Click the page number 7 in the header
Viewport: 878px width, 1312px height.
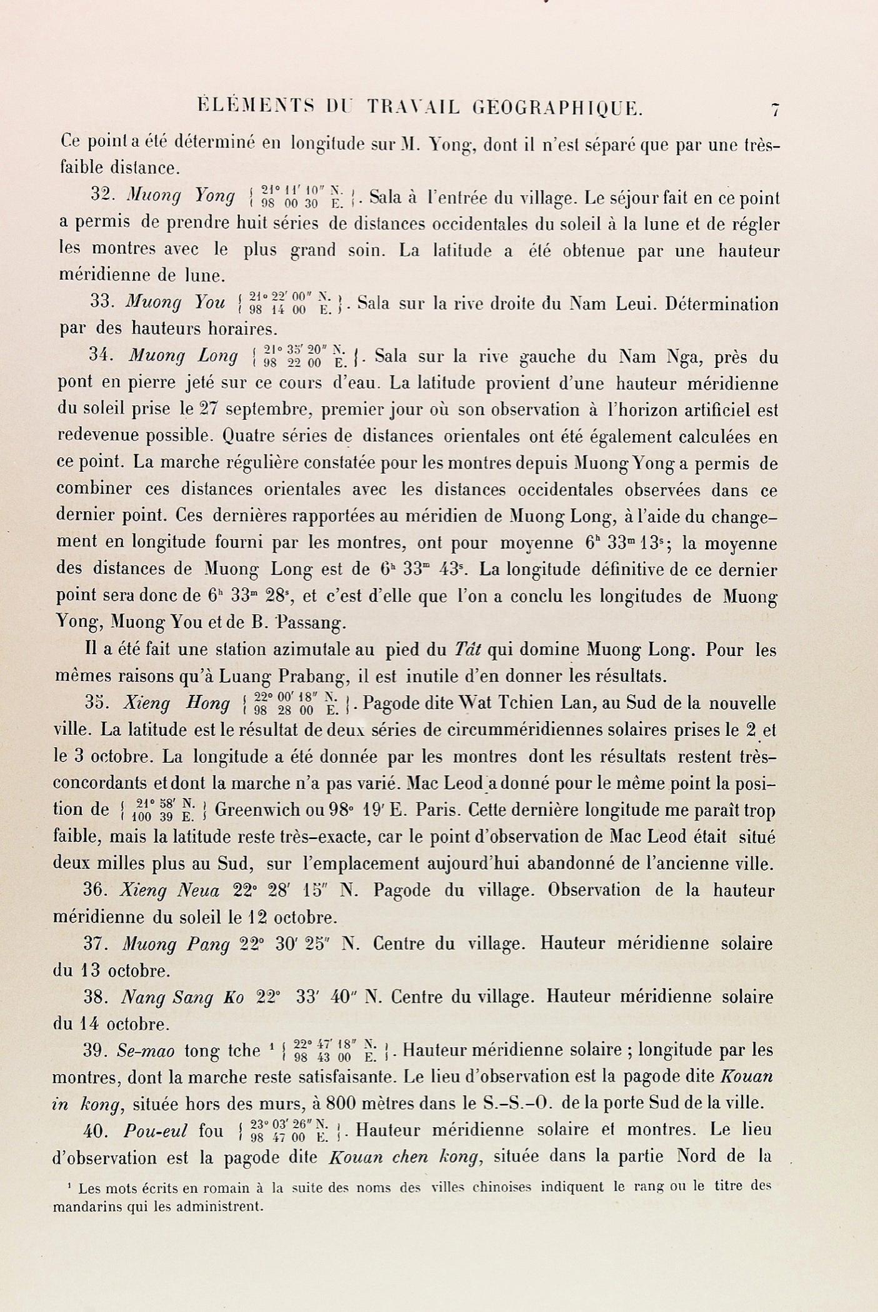pos(775,111)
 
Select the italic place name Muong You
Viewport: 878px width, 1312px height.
pos(175,302)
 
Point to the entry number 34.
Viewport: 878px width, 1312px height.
pos(101,355)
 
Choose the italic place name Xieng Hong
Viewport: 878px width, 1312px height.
pos(176,703)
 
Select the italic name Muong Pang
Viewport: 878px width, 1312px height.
pos(176,944)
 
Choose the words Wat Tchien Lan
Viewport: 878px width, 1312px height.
pos(527,703)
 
